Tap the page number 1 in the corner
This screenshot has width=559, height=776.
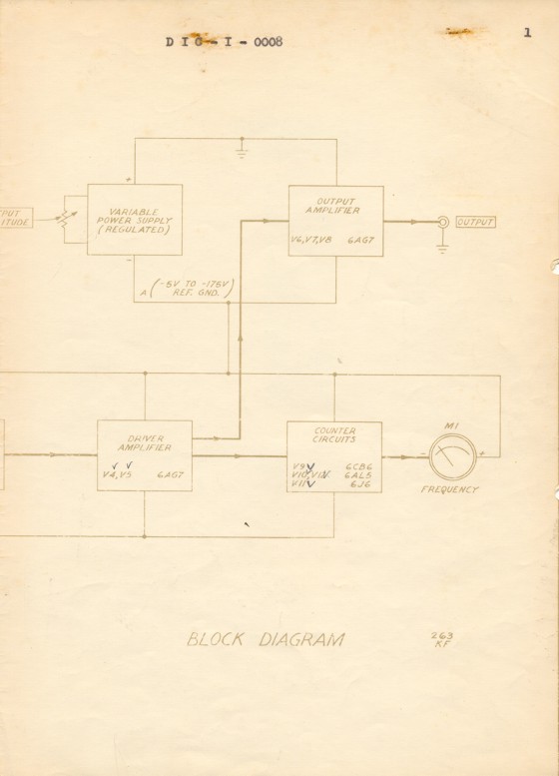pos(525,33)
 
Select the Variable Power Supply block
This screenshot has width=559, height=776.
pos(135,220)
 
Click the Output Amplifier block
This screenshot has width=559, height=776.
pos(335,220)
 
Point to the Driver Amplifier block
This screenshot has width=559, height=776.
pos(144,455)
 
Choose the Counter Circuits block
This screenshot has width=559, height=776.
pos(333,456)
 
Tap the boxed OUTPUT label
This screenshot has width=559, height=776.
pos(474,222)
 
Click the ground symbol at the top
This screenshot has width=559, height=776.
pos(241,153)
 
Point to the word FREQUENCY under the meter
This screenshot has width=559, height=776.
pos(449,490)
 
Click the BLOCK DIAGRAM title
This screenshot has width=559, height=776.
pos(266,639)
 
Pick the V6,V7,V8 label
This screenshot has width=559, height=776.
pos(311,240)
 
